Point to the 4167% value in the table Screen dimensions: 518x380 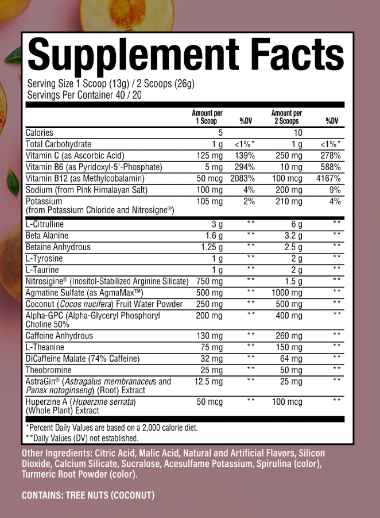(x=328, y=179)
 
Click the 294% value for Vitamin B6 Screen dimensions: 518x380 (x=243, y=167)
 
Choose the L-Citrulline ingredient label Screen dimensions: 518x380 (x=45, y=224)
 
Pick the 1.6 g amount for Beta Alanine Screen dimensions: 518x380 (x=212, y=236)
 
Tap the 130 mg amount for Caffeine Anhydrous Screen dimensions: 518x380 (x=209, y=336)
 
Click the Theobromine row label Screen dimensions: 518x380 (x=49, y=370)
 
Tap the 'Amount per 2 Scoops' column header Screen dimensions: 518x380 (x=286, y=117)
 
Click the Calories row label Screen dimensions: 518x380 (x=40, y=133)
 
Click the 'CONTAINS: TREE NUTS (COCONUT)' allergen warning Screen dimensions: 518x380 (x=88, y=495)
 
